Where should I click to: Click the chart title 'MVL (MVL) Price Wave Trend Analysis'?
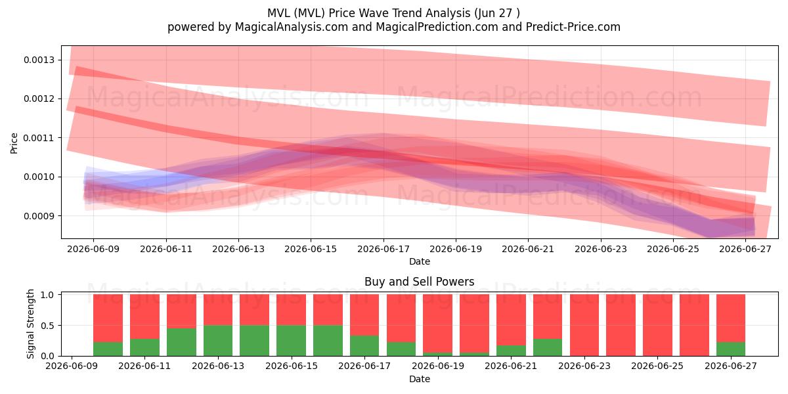click(368, 13)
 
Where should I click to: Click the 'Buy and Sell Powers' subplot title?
click(420, 282)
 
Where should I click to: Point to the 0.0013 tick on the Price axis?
click(39, 60)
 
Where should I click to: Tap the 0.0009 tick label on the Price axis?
click(39, 215)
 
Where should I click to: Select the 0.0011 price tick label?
click(39, 138)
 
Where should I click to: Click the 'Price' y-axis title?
click(14, 143)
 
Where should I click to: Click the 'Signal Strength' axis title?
click(30, 324)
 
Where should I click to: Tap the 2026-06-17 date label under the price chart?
click(383, 249)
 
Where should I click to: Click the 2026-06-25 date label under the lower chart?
click(657, 366)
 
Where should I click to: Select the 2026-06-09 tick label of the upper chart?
click(93, 249)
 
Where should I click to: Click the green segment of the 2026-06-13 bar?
click(218, 341)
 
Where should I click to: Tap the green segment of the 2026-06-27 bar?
click(731, 349)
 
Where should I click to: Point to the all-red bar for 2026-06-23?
click(584, 325)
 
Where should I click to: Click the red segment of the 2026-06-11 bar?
click(144, 317)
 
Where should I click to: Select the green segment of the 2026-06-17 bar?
click(364, 346)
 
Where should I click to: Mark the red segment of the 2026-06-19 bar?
click(437, 324)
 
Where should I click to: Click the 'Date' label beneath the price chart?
click(420, 261)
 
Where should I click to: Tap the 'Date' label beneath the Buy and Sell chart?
click(420, 379)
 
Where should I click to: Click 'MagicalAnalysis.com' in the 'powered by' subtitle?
click(292, 27)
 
